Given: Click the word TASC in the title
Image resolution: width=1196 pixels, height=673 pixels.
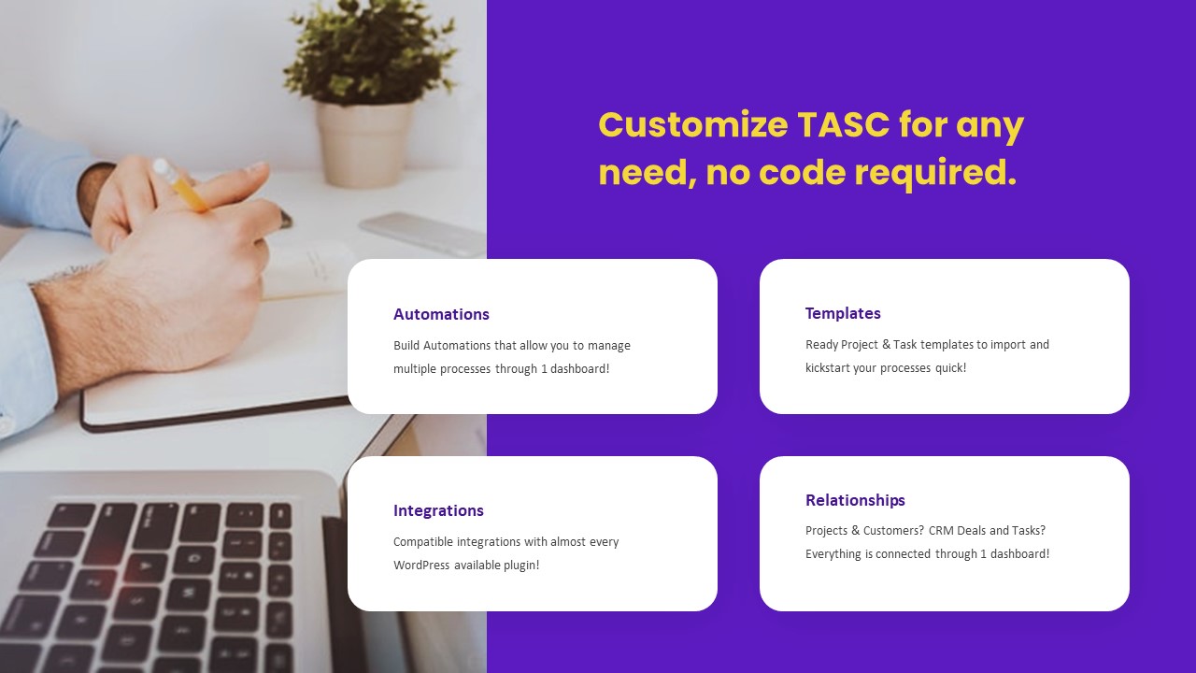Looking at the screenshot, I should pyautogui.click(x=843, y=125).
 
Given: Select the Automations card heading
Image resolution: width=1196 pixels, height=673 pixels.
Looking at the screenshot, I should pyautogui.click(x=441, y=314).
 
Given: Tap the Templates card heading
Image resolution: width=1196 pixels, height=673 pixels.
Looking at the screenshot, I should pyautogui.click(x=843, y=313).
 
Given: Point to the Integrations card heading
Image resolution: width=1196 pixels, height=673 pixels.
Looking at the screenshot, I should pyautogui.click(x=438, y=510).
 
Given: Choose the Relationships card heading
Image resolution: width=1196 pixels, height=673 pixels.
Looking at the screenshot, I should pyautogui.click(x=855, y=500).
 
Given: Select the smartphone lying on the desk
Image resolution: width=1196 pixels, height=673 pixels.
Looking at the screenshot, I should pyautogui.click(x=420, y=233).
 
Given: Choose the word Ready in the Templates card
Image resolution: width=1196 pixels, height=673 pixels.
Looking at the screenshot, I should pyautogui.click(x=821, y=344).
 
